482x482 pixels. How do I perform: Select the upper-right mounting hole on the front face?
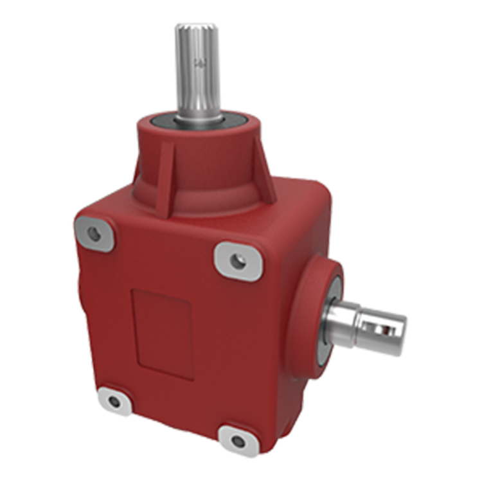point(238,259)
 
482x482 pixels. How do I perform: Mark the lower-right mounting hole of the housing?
point(238,441)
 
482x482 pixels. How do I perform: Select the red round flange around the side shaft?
point(316,292)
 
